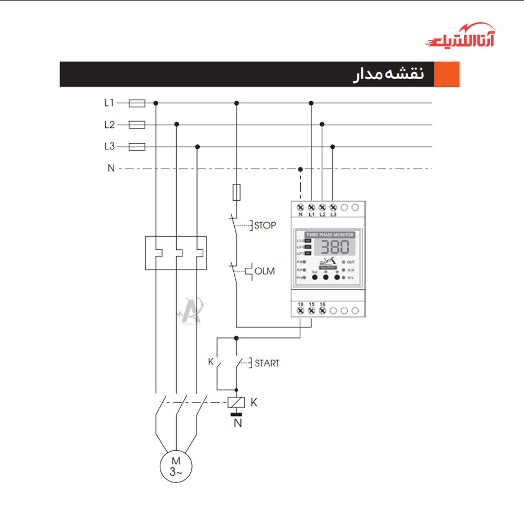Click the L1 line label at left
[109, 103]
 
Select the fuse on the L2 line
[137, 125]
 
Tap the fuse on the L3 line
[137, 147]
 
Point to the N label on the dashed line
[111, 169]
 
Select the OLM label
[264, 271]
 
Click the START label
[267, 363]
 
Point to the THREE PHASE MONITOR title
[330, 235]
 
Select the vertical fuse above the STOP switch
[236, 192]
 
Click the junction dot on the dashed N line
[300, 169]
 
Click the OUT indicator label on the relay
[351, 261]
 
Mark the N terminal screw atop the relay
[300, 207]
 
